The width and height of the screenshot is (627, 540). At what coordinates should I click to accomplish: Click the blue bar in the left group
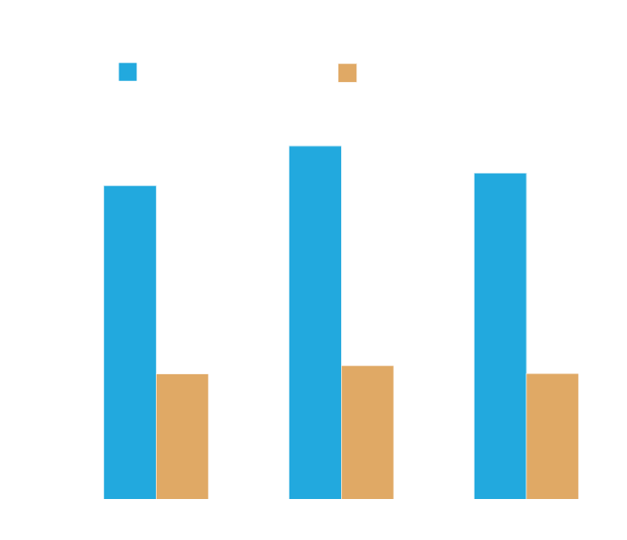tap(130, 342)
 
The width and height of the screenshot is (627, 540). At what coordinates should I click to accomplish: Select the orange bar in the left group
tap(183, 437)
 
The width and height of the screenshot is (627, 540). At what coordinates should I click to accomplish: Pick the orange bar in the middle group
tap(368, 432)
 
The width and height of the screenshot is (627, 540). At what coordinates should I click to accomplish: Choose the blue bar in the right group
tap(500, 336)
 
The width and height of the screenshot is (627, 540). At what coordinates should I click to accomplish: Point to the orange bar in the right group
tap(552, 437)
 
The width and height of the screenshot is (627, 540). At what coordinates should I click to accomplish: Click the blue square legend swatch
tap(127, 72)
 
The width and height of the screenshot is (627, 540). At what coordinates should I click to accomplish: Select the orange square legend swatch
tap(347, 73)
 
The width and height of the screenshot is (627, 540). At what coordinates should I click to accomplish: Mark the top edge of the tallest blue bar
tap(315, 146)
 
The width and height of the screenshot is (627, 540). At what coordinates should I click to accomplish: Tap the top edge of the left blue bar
tap(130, 186)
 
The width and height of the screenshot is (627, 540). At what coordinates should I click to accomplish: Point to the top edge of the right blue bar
tap(500, 174)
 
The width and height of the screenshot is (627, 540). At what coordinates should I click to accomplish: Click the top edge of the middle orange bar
tap(368, 366)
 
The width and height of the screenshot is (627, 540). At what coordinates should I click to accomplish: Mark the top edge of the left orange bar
tap(183, 374)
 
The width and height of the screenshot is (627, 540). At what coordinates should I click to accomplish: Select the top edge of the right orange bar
tap(552, 374)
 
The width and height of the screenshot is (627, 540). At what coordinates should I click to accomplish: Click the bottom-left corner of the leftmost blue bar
tap(104, 498)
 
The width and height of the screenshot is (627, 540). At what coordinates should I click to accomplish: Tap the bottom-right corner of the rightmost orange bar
tap(578, 498)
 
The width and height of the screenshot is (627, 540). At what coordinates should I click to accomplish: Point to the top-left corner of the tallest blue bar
tap(289, 146)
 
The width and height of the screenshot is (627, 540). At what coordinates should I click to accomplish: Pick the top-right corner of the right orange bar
tap(578, 374)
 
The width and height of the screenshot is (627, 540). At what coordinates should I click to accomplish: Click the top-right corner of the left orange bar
tap(208, 374)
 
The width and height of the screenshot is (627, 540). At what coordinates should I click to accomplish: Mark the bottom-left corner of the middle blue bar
tap(289, 498)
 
